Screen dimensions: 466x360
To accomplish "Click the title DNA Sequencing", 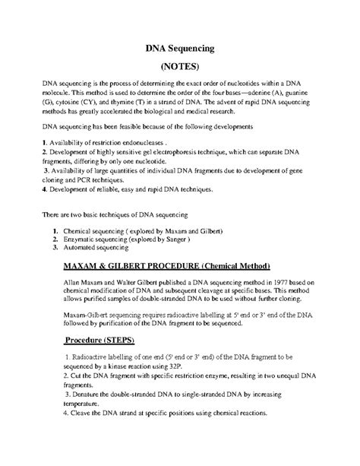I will (182, 49).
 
